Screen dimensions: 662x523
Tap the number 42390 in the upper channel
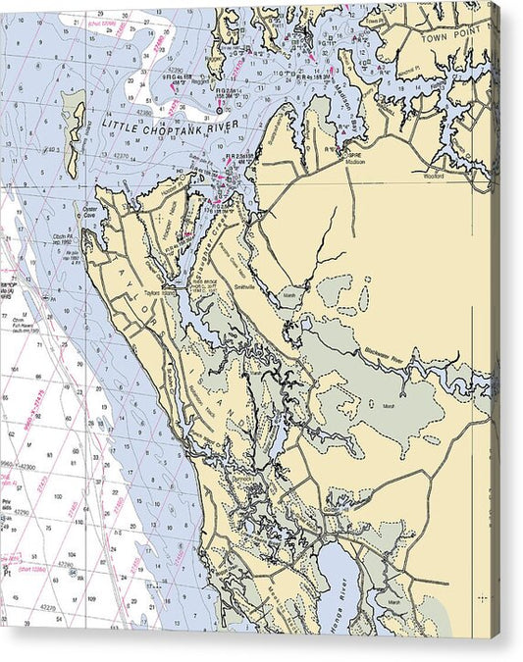177,72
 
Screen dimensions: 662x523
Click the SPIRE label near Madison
355,156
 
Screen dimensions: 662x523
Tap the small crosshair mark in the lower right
482,596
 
